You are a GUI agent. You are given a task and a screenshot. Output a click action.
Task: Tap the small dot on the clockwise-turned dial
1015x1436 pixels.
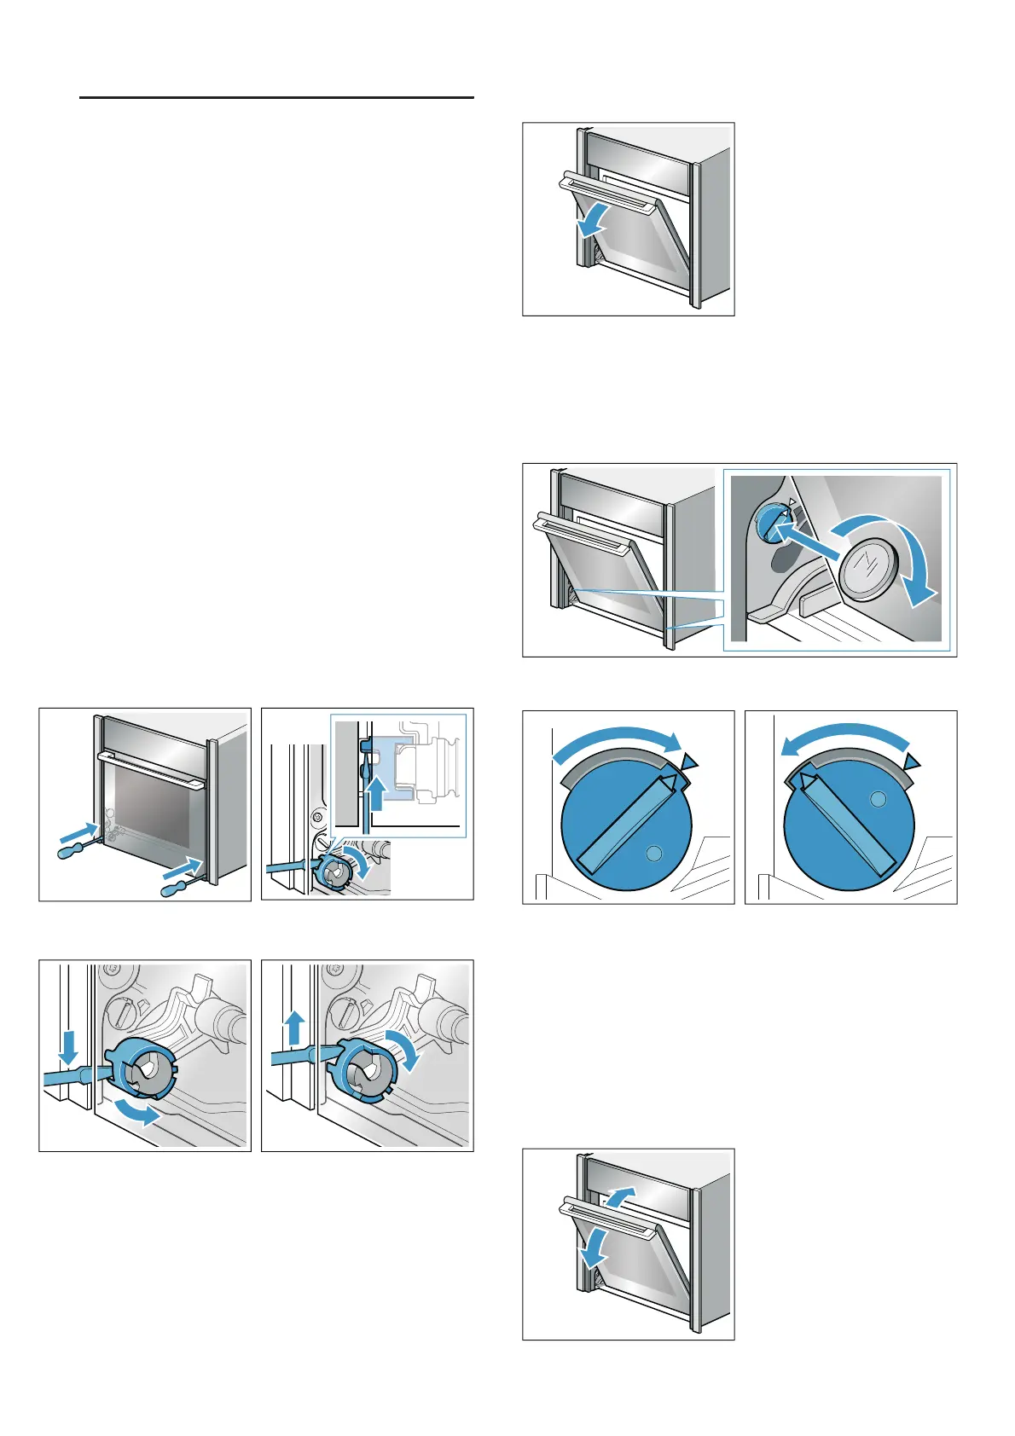tap(653, 853)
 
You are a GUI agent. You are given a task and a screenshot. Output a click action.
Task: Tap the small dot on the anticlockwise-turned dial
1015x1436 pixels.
tap(878, 800)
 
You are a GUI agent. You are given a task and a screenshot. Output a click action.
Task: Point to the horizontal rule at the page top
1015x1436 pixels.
tap(276, 97)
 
